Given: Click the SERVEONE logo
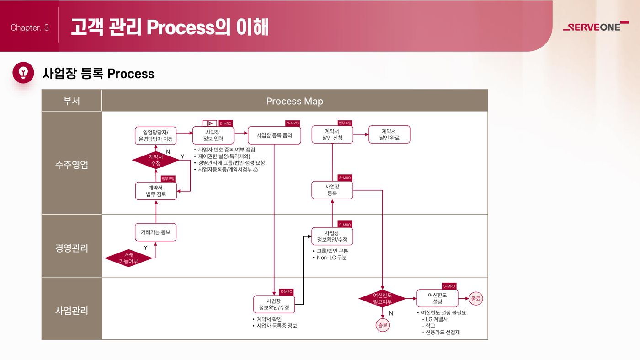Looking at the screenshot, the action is [x=596, y=27].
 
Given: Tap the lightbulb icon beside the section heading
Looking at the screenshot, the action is [x=23, y=73].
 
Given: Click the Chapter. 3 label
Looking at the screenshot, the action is [x=30, y=27].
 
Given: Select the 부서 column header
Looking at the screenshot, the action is [x=71, y=101].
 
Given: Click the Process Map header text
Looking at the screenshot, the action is [x=294, y=101].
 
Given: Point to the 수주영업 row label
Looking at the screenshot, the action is [x=71, y=164].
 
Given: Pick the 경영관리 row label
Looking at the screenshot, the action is [x=71, y=247].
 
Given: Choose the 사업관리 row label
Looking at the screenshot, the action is [x=71, y=310].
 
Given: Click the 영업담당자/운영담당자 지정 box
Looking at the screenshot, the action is [x=156, y=135].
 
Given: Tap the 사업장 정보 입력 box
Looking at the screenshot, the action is [x=213, y=135].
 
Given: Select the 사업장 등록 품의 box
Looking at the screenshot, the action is [x=274, y=135].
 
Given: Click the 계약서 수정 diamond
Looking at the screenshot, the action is [x=156, y=160].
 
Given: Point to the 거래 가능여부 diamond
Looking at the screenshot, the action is [x=128, y=258].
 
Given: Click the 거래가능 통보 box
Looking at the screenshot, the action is [x=156, y=232].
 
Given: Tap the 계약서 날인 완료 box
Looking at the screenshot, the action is [x=389, y=134].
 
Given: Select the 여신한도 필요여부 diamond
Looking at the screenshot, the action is [x=382, y=299].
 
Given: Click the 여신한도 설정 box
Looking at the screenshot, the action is [x=437, y=298].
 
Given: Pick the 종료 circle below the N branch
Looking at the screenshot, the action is [x=383, y=325].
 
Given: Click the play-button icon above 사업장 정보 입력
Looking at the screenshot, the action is [x=210, y=123].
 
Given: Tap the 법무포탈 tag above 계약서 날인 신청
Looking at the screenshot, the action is [x=345, y=123].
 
